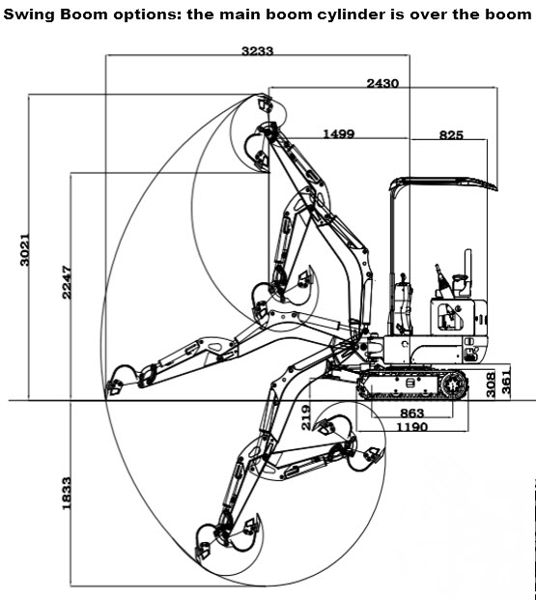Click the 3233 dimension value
click(258, 50)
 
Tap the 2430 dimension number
click(382, 83)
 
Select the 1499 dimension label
click(339, 133)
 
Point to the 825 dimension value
click(451, 134)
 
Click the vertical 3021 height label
click(24, 249)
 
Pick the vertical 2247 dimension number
click(67, 282)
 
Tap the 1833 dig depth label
click(67, 493)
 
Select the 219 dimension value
click(306, 417)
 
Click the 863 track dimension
click(412, 414)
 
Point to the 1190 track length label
click(411, 426)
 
